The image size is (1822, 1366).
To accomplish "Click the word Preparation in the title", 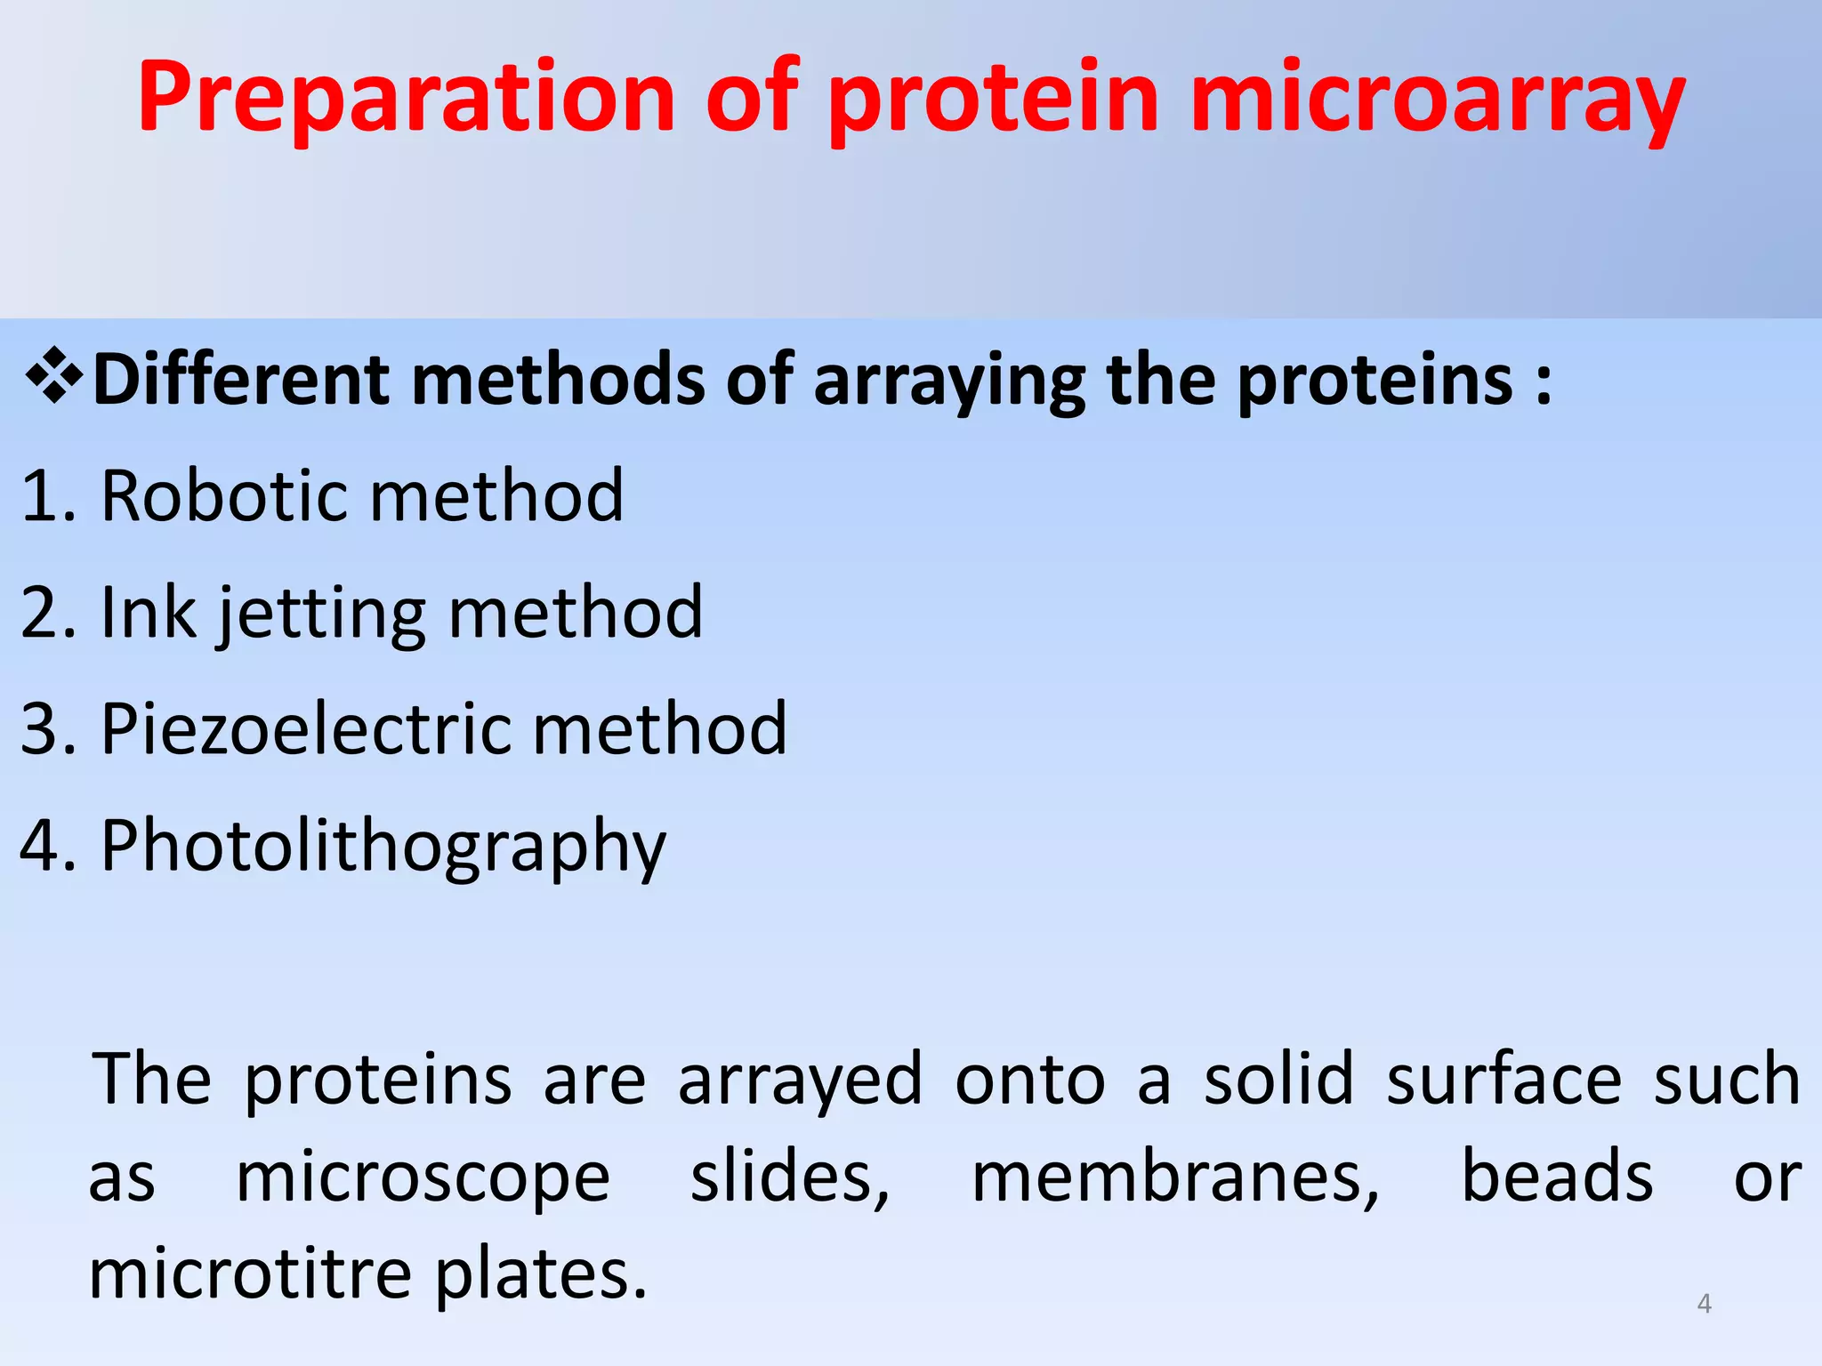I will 407,98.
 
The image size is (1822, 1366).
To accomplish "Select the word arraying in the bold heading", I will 948,381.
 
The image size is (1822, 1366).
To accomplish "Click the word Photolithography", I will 383,847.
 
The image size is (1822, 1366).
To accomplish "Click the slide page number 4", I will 1704,1304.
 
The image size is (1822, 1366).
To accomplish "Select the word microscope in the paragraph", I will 423,1178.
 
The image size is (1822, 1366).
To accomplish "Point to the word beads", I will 1557,1177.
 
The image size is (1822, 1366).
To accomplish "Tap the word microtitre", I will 250,1274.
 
